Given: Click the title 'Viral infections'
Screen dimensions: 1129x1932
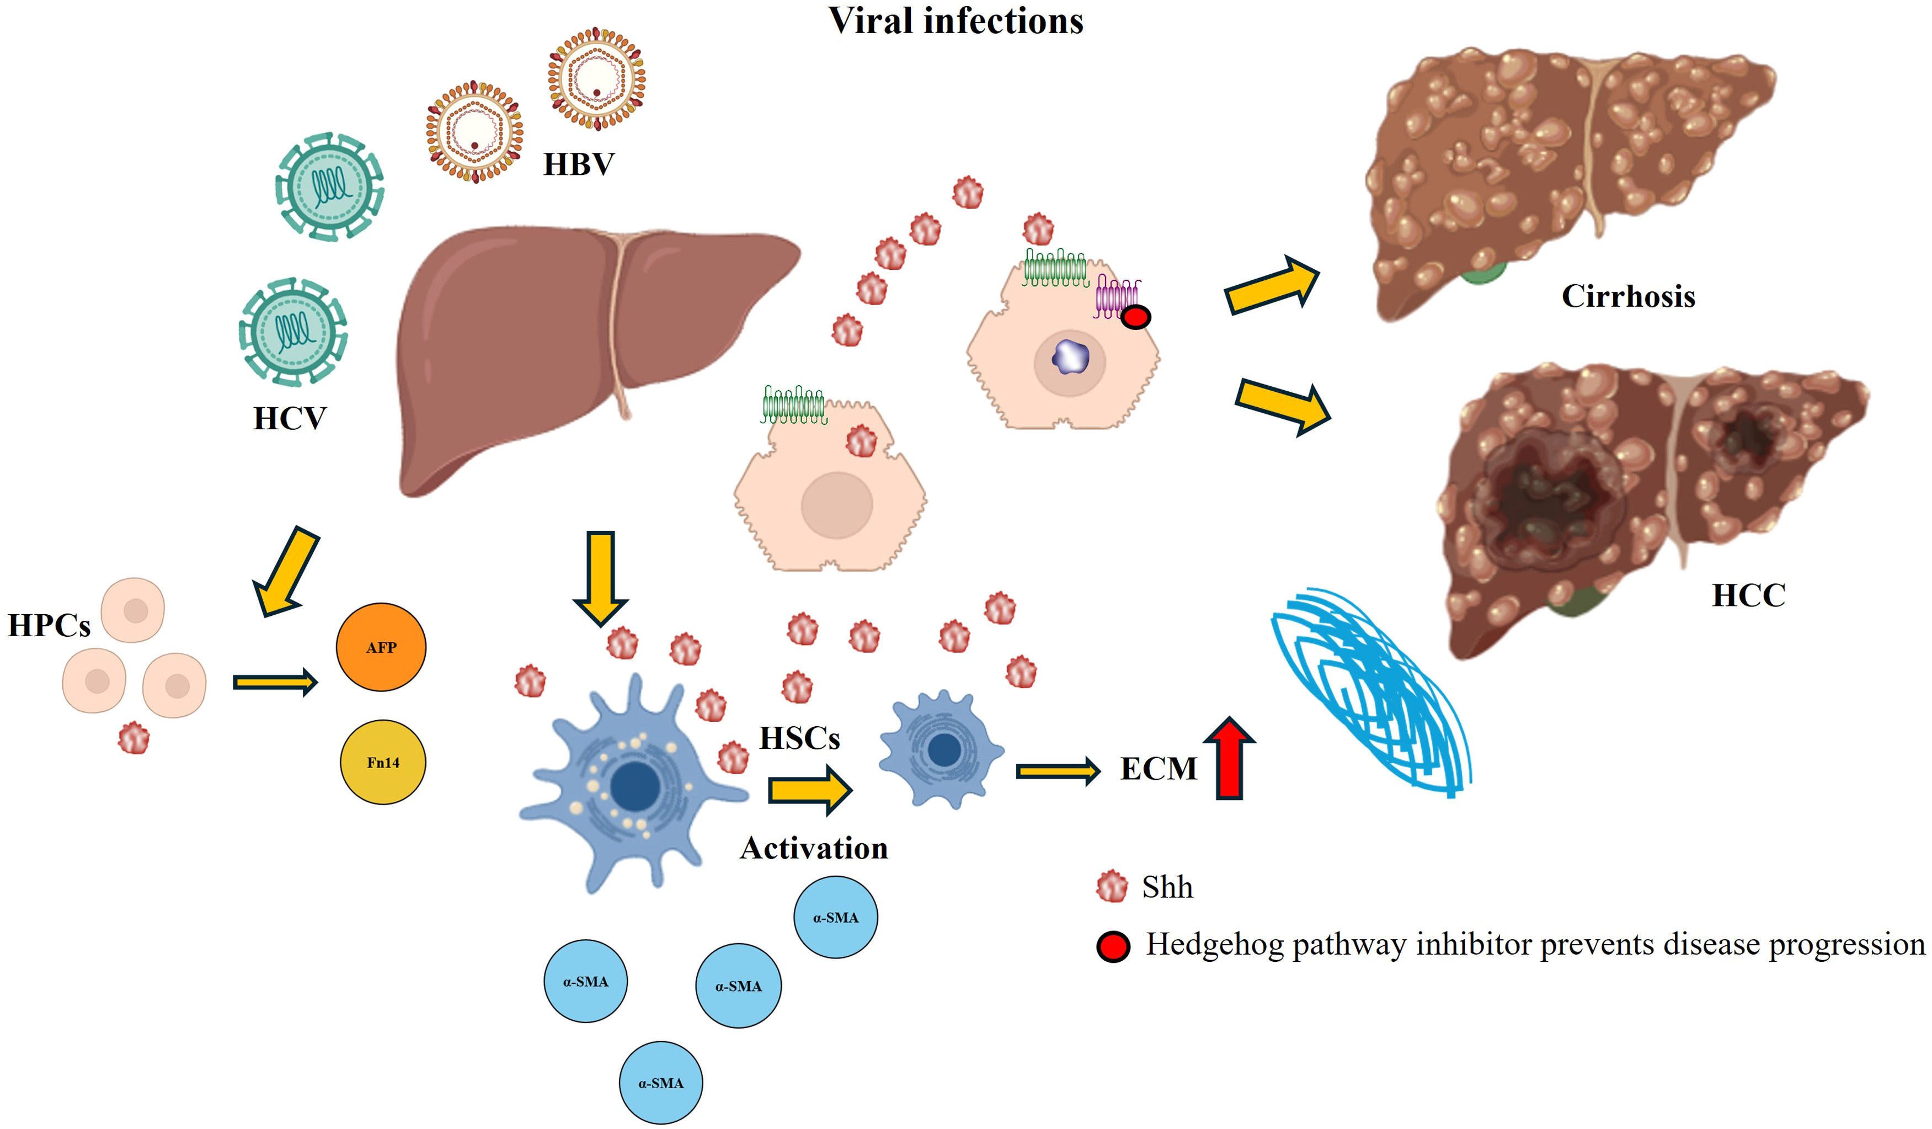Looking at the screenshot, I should coord(956,21).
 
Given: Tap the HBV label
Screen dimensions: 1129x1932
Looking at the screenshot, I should coord(579,164).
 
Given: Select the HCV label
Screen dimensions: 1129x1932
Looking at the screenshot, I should coord(290,419).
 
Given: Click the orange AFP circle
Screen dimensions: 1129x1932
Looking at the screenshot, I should coord(381,647).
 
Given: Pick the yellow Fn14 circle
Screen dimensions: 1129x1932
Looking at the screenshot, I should coord(382,761).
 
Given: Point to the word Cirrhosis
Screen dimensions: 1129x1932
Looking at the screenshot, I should coord(1627,296).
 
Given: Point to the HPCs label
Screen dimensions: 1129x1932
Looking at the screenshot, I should coord(49,626).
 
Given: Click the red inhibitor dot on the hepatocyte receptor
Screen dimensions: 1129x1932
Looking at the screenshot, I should coord(1135,317).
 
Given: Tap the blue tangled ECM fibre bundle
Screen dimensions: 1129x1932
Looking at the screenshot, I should coord(1373,690).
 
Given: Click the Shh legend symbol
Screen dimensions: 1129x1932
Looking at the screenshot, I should coord(1112,887).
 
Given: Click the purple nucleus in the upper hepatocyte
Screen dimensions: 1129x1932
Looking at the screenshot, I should coord(1070,356).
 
